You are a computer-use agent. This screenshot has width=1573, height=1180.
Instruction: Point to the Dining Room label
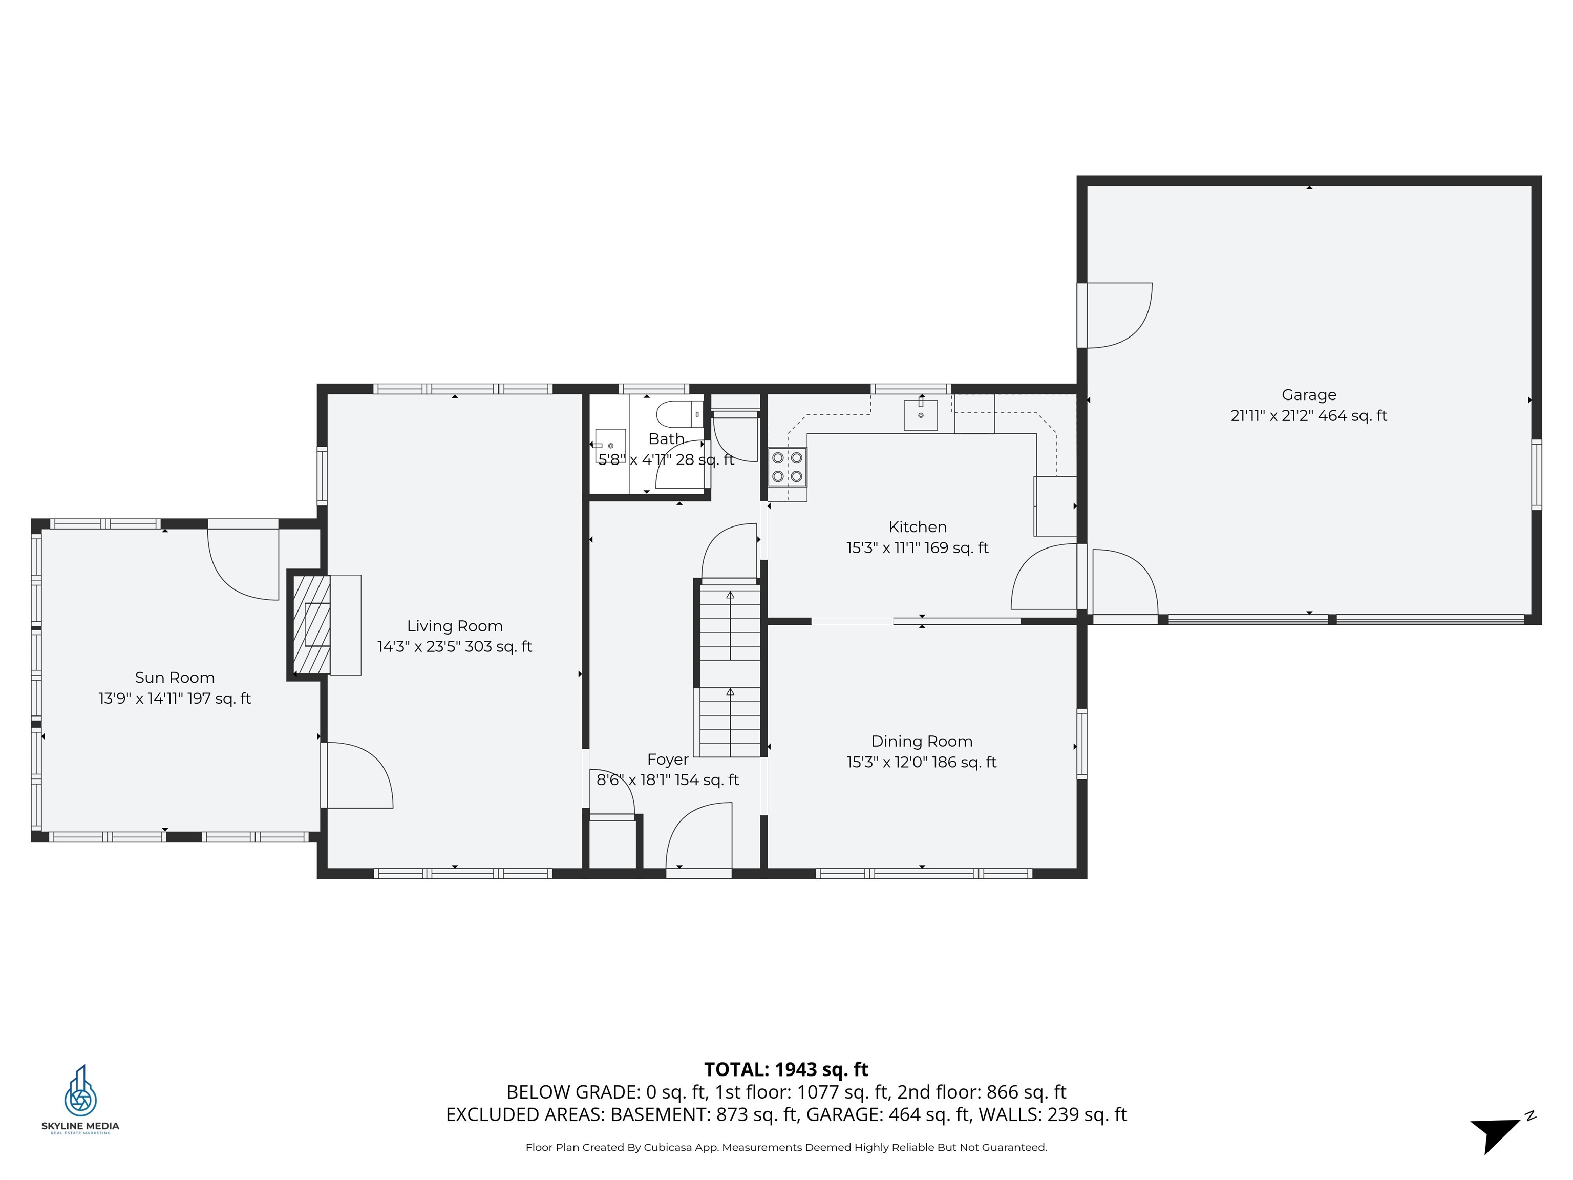(922, 741)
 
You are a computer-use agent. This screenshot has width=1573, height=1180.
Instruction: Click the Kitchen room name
(918, 527)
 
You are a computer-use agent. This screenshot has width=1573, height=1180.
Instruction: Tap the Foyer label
(668, 760)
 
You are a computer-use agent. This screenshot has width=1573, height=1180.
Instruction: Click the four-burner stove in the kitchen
(787, 467)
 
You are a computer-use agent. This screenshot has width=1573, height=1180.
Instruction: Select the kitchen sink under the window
(921, 415)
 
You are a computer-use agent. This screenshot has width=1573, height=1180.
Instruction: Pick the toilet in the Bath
(679, 413)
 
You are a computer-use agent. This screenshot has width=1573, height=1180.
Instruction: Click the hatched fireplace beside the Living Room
(311, 624)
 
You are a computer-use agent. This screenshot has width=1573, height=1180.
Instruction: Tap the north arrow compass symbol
(1500, 1131)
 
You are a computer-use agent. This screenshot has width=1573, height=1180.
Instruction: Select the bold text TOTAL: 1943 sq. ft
(786, 1070)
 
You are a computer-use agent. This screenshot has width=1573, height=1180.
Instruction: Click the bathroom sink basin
(610, 445)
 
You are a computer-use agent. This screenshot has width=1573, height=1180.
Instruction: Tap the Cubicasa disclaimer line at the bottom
(786, 1147)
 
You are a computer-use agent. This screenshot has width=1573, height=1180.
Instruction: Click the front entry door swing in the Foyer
(698, 836)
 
